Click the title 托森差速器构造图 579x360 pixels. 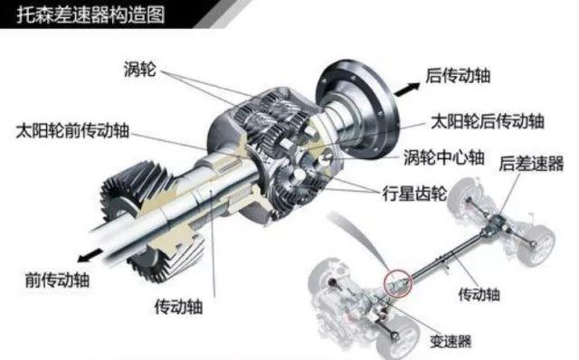coord(90,15)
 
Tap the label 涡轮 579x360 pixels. coord(140,69)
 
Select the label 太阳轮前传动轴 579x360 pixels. coord(72,131)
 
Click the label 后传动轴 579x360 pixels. coord(458,76)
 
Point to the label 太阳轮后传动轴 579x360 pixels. coord(488,121)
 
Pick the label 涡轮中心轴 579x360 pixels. coord(444,157)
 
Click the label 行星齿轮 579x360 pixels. coord(414,193)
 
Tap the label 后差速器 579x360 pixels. coord(531,163)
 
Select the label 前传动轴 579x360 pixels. coord(57,279)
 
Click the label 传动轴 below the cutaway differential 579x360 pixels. coord(179,307)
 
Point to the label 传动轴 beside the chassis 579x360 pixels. coord(479,294)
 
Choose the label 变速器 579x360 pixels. coord(451,341)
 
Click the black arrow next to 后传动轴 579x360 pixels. coord(407,89)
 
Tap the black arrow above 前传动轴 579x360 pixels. coord(90,255)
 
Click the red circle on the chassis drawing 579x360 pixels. coord(398,282)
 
